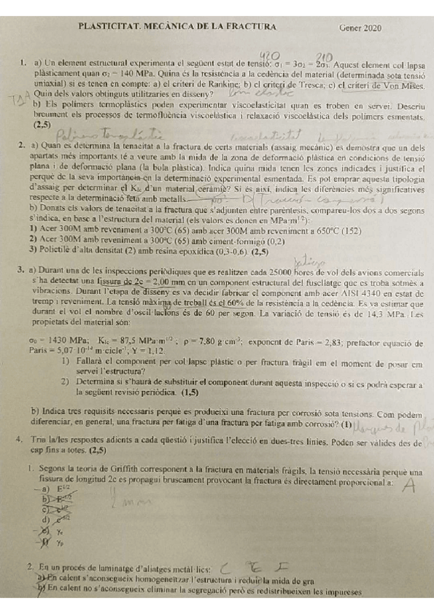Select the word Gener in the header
(x=351, y=28)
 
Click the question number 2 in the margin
(x=23, y=146)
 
